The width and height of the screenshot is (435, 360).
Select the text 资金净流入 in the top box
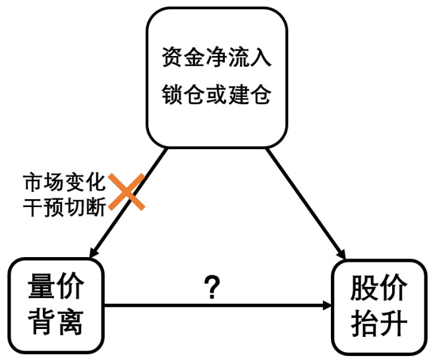[217, 58]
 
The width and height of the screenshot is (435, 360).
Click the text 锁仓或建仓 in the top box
[217, 95]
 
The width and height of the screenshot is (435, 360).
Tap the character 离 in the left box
[69, 321]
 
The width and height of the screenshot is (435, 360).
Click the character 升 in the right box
[393, 324]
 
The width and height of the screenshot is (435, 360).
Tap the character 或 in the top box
[217, 95]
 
